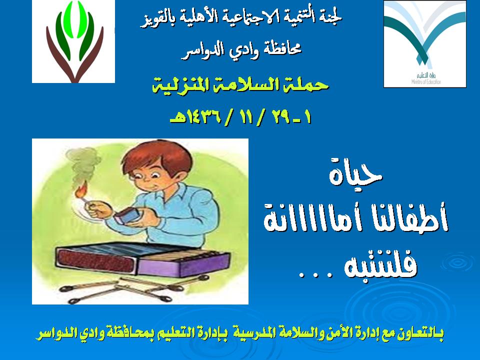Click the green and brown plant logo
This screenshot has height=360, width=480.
pyautogui.click(x=73, y=41)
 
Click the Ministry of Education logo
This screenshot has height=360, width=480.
pyautogui.click(x=425, y=44)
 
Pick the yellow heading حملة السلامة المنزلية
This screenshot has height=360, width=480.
pyautogui.click(x=240, y=85)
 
